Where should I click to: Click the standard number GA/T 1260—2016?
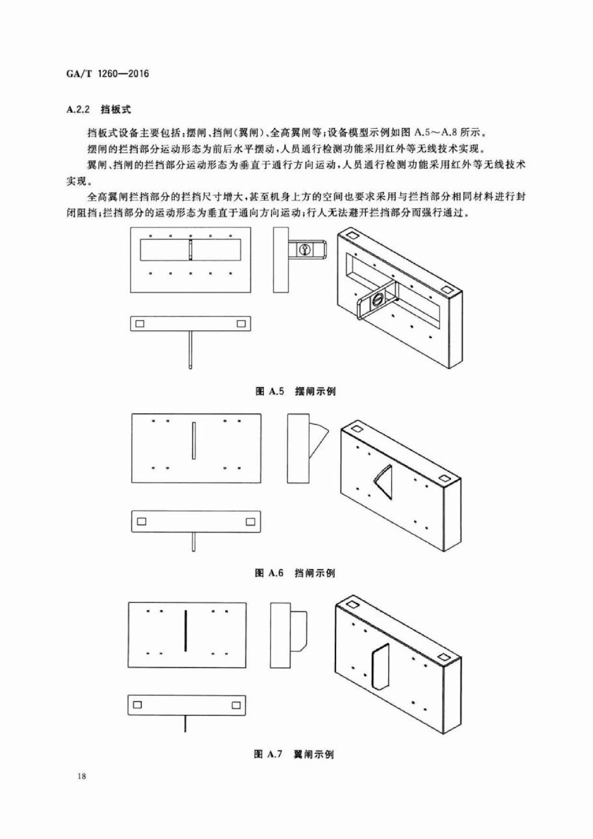[108, 74]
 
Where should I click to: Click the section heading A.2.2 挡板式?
[98, 110]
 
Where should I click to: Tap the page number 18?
[81, 776]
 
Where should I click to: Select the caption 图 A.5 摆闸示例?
[295, 391]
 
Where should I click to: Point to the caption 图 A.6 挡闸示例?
[295, 573]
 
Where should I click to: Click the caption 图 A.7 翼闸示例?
[294, 754]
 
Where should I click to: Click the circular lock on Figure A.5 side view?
[305, 249]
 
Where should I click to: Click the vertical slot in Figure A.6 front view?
[194, 440]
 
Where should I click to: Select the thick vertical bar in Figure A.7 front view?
[185, 631]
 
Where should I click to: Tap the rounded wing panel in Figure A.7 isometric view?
[381, 666]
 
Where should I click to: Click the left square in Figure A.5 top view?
[140, 324]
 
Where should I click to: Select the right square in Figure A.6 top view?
[250, 522]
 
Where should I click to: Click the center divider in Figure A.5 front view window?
[191, 250]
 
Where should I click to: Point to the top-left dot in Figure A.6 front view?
[153, 421]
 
